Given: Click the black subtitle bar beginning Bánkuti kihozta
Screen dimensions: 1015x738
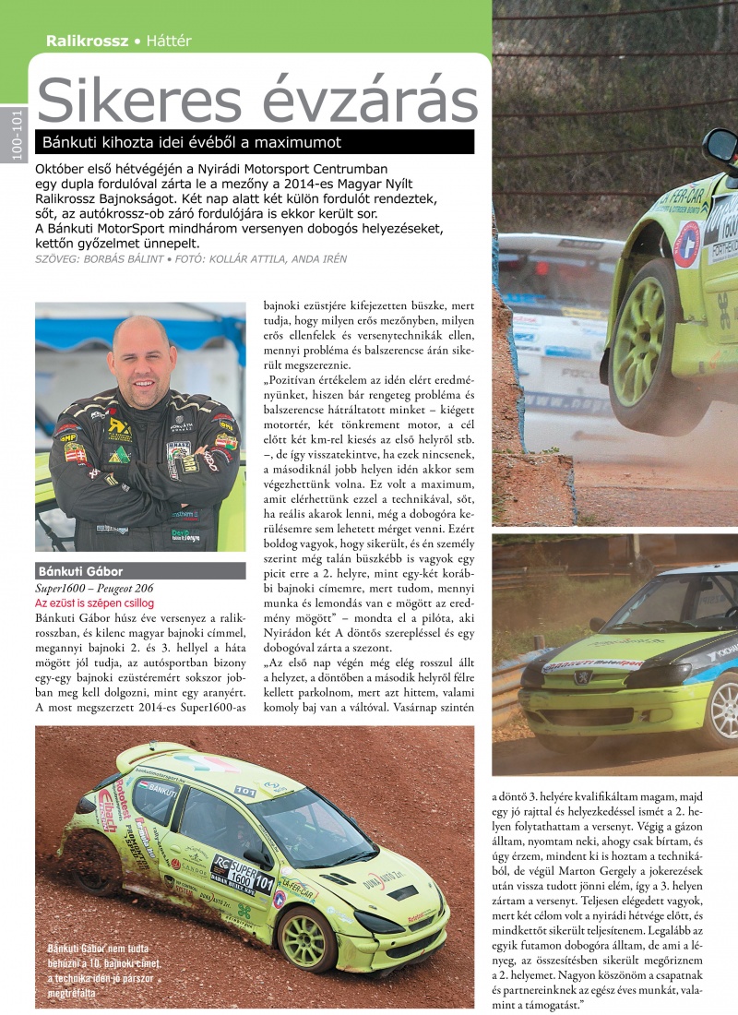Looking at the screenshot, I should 254,142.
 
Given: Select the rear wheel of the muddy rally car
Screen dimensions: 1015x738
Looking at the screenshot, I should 94,860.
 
